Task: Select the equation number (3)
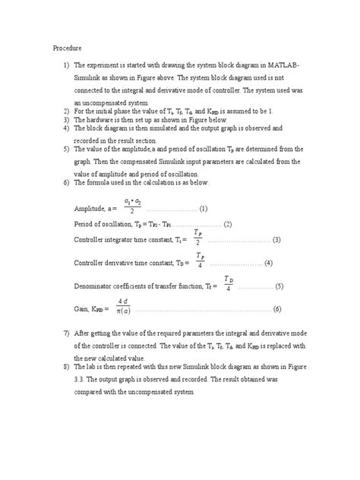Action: (276, 240)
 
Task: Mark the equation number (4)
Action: (268, 264)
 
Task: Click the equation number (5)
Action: (279, 287)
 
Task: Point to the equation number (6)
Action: (277, 310)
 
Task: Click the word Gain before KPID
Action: (81, 310)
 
